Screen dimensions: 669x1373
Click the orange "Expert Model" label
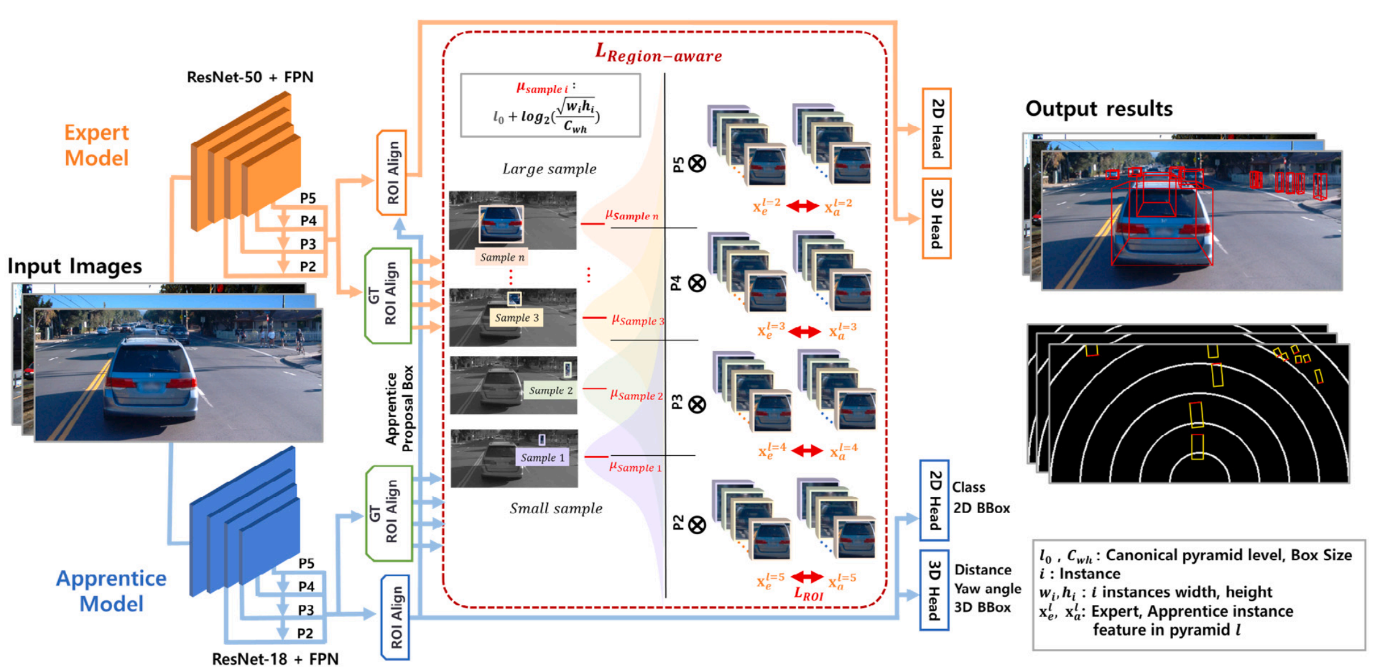click(x=97, y=145)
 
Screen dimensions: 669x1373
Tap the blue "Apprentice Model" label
click(x=111, y=591)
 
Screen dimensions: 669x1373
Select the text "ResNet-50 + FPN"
click(x=250, y=77)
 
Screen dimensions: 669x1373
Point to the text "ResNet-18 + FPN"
click(x=275, y=659)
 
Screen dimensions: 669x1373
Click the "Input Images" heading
click(x=75, y=266)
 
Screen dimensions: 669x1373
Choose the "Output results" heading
click(x=1099, y=109)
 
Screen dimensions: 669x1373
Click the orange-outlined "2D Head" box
click(x=937, y=128)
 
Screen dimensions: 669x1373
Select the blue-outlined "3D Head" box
click(x=934, y=590)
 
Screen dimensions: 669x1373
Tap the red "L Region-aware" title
click(x=658, y=54)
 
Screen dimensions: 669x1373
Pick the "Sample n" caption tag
click(x=502, y=257)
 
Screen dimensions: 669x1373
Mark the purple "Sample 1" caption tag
click(x=542, y=458)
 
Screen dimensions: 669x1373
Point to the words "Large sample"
click(x=549, y=169)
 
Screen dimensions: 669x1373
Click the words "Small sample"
click(x=556, y=508)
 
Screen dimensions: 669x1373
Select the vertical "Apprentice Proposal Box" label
click(x=400, y=409)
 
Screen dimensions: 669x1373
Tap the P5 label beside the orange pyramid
click(x=308, y=198)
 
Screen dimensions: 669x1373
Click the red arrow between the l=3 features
click(x=805, y=332)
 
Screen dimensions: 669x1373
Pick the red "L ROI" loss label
click(x=808, y=593)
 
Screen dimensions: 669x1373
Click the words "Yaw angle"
click(x=987, y=589)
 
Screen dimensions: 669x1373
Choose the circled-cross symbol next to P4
click(x=697, y=283)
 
